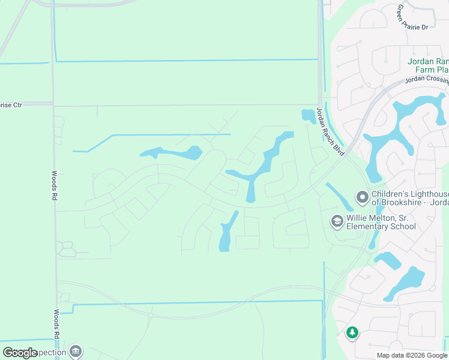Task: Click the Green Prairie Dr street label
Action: point(412,18)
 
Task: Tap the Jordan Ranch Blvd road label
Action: point(330,131)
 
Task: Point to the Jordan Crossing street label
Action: point(427,79)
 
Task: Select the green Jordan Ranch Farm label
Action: point(427,65)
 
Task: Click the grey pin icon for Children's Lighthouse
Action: point(362,197)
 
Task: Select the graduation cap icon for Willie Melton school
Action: point(337,221)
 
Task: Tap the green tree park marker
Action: point(352,332)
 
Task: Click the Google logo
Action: point(20,353)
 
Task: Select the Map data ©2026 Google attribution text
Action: point(412,355)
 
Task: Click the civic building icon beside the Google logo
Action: point(76,351)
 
